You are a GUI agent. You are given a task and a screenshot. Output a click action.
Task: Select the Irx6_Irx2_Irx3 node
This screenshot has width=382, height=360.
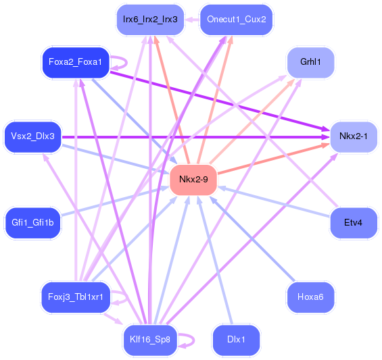point(150,19)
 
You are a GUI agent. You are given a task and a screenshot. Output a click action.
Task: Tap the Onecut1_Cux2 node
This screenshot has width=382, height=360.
point(236,19)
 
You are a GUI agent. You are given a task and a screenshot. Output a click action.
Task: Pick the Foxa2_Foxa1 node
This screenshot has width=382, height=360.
point(74,62)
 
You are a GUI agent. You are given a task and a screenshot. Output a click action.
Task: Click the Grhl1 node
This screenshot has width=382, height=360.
point(310,62)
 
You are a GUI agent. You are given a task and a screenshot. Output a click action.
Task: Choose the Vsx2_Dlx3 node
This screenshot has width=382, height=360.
point(32,136)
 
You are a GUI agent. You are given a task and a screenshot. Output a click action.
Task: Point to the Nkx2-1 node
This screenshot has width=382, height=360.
point(353,136)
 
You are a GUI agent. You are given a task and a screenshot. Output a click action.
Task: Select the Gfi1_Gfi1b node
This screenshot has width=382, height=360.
point(32,222)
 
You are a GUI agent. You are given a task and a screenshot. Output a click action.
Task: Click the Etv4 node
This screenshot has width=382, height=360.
point(353,222)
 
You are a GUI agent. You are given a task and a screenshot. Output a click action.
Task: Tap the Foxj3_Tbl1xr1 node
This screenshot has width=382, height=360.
point(74,297)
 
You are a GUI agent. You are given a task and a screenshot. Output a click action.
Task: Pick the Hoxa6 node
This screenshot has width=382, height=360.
point(310,297)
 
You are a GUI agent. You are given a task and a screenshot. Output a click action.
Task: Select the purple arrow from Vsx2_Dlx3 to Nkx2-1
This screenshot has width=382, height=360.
point(203,137)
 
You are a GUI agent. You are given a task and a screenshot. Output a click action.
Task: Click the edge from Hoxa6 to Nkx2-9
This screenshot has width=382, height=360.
point(254,245)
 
